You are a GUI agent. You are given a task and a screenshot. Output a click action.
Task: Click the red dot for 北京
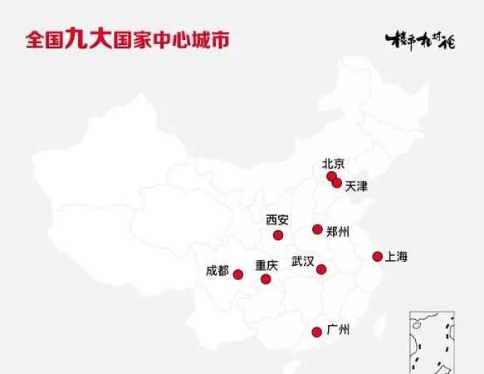(x=331, y=176)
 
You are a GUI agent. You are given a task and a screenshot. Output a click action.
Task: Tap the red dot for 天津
(x=336, y=183)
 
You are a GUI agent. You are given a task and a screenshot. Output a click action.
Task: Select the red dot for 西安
(x=277, y=235)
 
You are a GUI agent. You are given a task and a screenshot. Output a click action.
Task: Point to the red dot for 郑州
(x=317, y=229)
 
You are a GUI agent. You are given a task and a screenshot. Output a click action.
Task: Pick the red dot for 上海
(x=377, y=256)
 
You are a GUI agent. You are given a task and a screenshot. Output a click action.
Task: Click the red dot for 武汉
(x=321, y=269)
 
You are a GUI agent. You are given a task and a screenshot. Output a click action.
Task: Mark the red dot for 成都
(x=237, y=274)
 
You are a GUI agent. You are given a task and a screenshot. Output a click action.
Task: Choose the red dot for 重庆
(x=266, y=279)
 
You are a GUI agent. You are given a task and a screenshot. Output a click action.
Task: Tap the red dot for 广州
(x=316, y=332)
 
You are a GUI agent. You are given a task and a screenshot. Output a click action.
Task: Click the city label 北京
(x=333, y=164)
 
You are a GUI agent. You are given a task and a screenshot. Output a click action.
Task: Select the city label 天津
(x=355, y=186)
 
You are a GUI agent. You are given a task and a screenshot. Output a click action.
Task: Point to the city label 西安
(x=277, y=220)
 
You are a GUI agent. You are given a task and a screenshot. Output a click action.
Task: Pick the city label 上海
(x=398, y=256)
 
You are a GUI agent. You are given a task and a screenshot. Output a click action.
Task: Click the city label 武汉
(x=302, y=262)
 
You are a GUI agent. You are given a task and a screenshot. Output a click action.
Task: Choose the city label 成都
(x=217, y=270)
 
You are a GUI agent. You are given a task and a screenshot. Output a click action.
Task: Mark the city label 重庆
(x=266, y=266)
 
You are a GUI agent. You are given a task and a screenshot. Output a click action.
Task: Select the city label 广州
(x=339, y=330)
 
